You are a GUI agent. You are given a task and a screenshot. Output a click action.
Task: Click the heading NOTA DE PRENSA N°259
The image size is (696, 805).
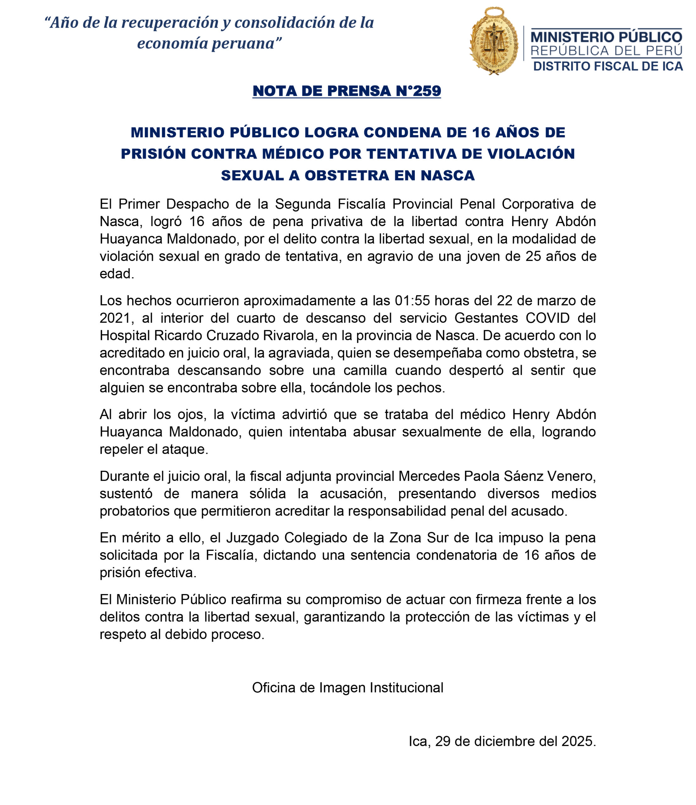tap(347, 91)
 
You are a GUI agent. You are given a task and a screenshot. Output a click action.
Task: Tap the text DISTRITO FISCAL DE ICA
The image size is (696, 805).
tap(608, 66)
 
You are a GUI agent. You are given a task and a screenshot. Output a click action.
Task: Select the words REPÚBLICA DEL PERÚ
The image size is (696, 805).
tap(606, 51)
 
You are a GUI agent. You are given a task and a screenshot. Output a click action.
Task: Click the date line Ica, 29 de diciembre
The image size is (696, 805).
tap(502, 741)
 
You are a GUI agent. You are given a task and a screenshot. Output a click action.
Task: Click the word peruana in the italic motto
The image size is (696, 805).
tap(243, 43)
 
